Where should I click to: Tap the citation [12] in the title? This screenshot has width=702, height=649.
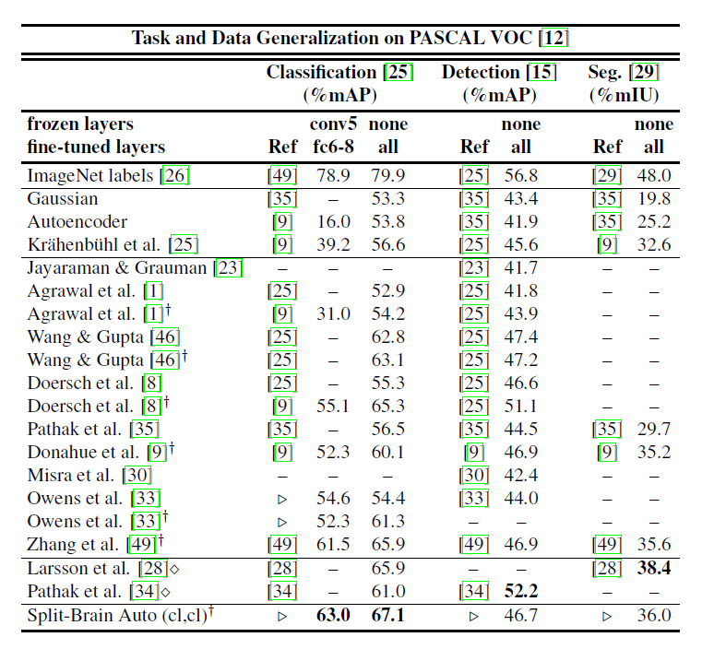coord(555,39)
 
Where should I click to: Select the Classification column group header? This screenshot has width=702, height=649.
coord(339,73)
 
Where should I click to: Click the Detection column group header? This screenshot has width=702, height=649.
coord(498,73)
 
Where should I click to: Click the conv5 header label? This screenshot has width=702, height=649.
coord(332,124)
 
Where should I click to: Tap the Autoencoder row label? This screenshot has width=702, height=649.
coord(77,222)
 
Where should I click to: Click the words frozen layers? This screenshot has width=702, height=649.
coord(80,124)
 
